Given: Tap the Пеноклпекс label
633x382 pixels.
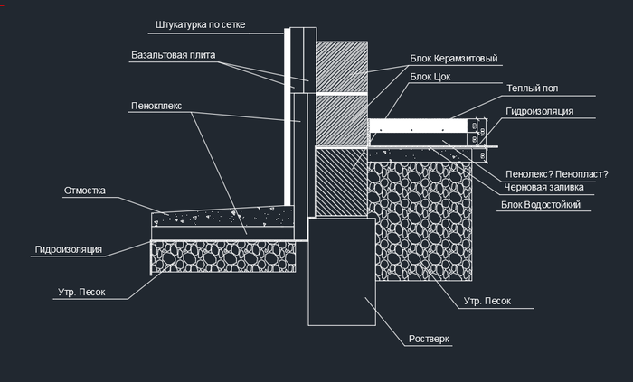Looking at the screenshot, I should coord(156,106).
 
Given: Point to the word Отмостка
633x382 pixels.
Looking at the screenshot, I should coord(85,191).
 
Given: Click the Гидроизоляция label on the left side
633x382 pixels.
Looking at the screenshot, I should coord(69,248).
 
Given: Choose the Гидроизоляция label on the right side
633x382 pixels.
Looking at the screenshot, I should coord(540,111).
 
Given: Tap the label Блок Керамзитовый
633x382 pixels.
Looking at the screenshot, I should coord(454,59).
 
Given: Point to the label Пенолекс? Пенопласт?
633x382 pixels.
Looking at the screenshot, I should coord(555,173).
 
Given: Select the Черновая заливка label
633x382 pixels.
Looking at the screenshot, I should coord(542,188).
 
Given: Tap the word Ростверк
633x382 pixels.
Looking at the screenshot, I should coord(424,339).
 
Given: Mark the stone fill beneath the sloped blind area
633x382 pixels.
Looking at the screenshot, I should coord(222,255).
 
